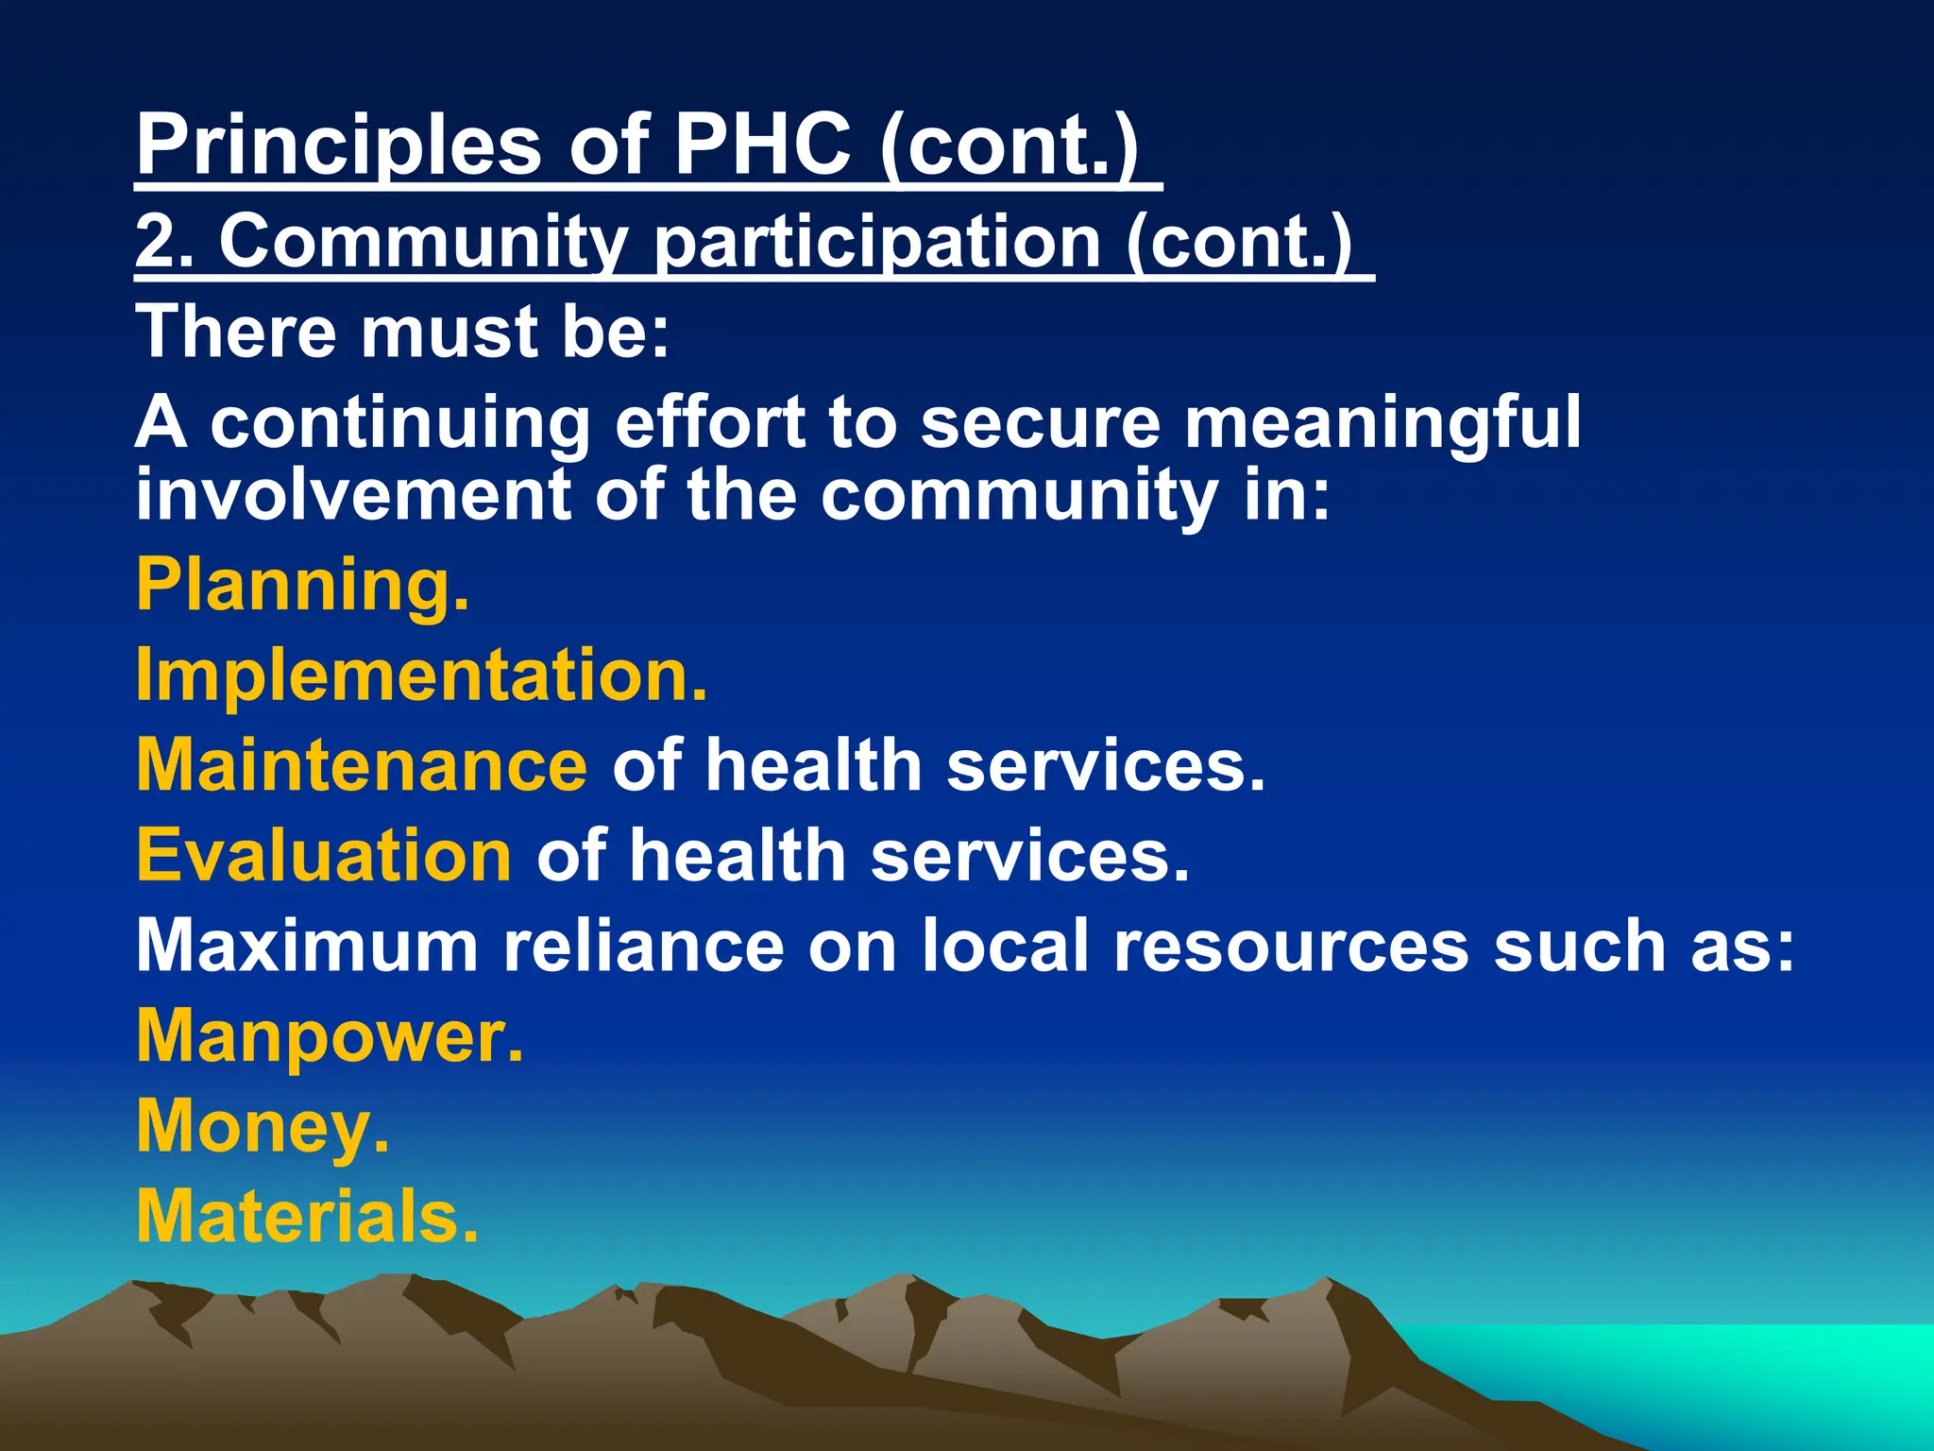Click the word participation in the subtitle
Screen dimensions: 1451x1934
[876, 244]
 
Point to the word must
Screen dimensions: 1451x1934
[448, 332]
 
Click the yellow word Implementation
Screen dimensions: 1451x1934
[421, 674]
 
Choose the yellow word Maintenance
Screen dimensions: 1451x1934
[362, 764]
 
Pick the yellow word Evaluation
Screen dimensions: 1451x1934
[324, 855]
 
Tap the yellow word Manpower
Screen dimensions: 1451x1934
[329, 1036]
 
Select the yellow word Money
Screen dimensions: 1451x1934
[262, 1126]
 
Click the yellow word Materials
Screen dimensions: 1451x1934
[307, 1217]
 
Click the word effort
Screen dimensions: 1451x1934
[710, 422]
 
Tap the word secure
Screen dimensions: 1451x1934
[1040, 422]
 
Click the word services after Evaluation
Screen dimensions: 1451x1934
[1028, 855]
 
